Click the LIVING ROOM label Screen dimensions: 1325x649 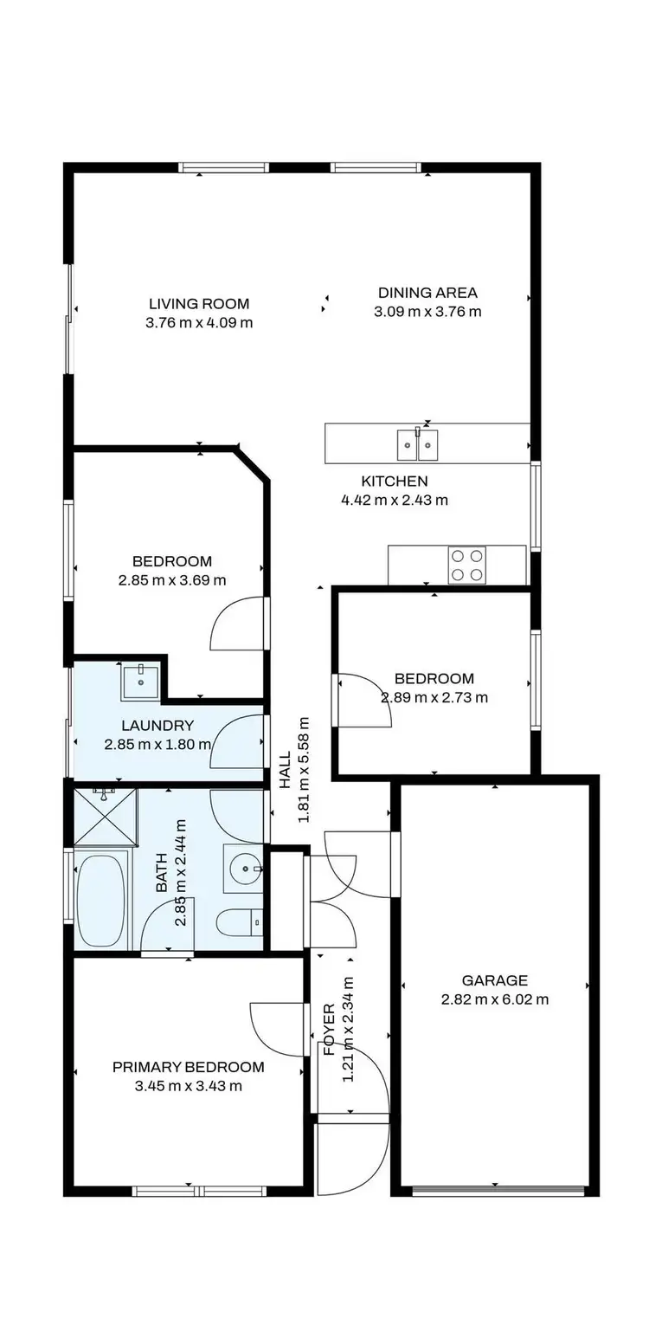[x=199, y=304]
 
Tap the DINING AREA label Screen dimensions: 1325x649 [x=427, y=293]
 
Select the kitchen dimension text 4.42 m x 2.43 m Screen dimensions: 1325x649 [x=395, y=500]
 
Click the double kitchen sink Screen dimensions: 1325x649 [x=418, y=444]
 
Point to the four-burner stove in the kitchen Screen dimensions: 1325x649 [x=466, y=566]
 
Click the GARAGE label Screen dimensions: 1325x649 [x=494, y=980]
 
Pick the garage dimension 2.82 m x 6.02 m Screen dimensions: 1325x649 [x=494, y=999]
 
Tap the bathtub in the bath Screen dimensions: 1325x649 [x=100, y=900]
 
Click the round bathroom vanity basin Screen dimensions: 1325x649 [x=246, y=868]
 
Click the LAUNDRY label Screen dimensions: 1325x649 [x=157, y=726]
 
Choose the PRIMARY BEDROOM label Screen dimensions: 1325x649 [x=189, y=1067]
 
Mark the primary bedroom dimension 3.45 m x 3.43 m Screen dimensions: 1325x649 [x=189, y=1086]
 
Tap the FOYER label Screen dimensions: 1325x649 [x=330, y=1029]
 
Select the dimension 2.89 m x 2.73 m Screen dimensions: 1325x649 [x=434, y=697]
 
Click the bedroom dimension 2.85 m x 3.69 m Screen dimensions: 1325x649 [x=172, y=580]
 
